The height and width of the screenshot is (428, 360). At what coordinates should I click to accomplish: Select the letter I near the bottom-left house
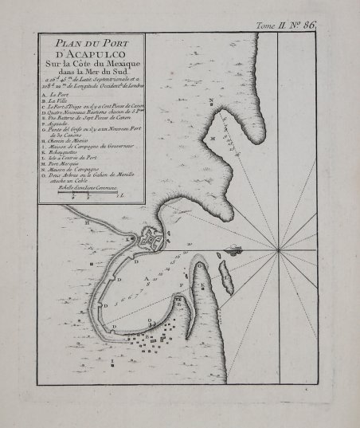click(x=113, y=360)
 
